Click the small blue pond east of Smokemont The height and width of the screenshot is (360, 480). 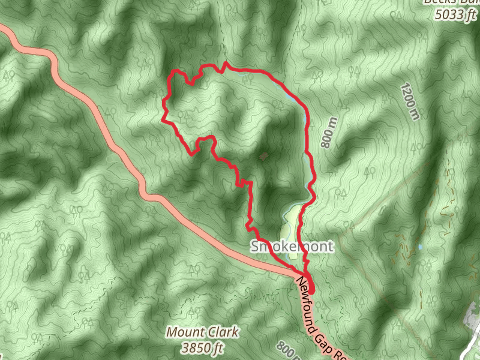421,247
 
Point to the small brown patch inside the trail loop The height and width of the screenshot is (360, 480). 263,157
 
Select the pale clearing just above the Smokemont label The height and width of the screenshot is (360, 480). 291,222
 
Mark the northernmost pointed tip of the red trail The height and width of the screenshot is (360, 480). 226,62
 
